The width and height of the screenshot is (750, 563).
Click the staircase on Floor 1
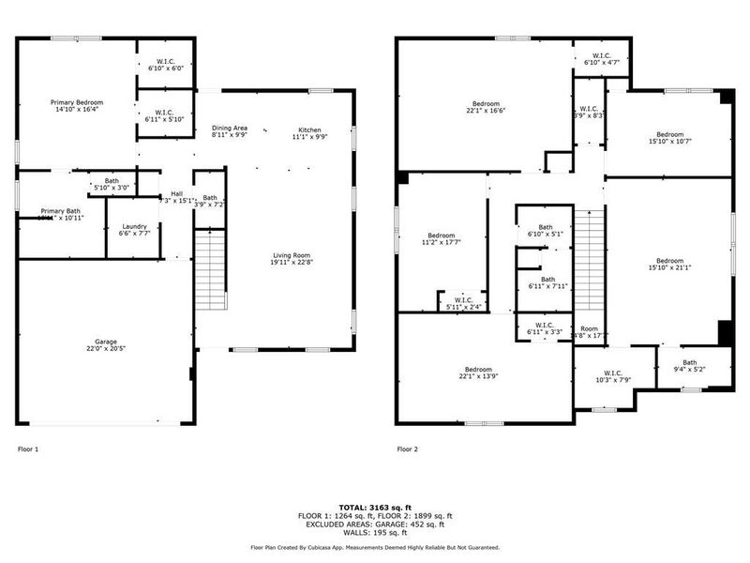[211, 272]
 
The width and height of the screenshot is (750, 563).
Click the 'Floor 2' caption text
[407, 449]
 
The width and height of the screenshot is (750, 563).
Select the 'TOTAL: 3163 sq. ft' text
[374, 507]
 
